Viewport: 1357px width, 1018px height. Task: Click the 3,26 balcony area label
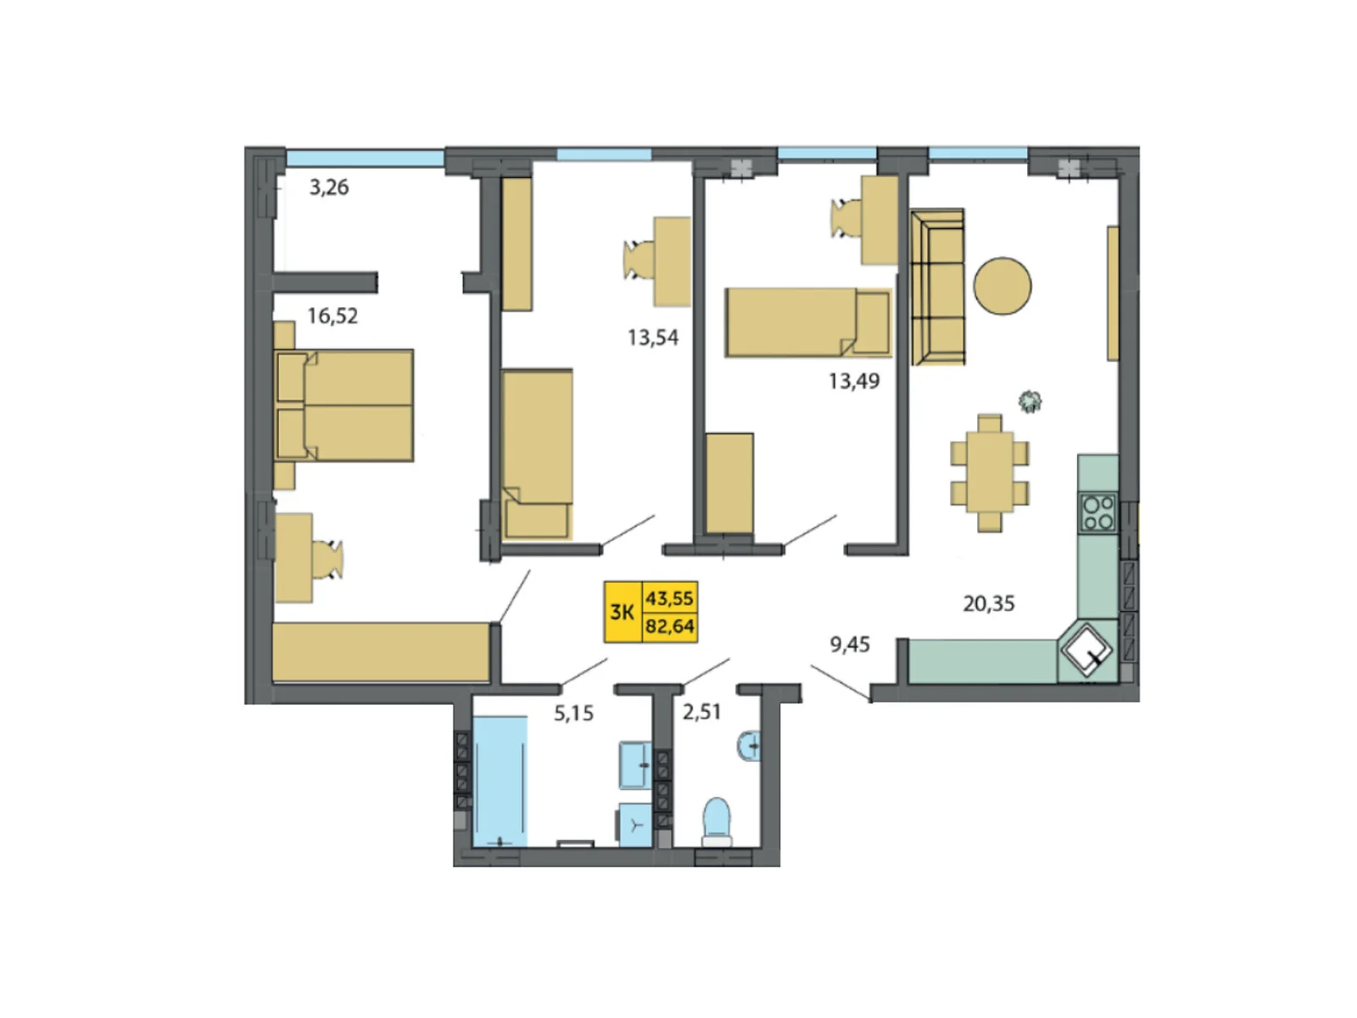[328, 187]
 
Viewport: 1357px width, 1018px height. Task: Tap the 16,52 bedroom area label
[332, 316]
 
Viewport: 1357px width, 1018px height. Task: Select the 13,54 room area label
[653, 338]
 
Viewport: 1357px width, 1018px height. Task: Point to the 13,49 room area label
[854, 382]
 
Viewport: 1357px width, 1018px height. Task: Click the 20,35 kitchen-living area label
[988, 604]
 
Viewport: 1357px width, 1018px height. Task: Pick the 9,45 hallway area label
[850, 645]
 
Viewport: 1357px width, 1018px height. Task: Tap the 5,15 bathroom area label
[573, 713]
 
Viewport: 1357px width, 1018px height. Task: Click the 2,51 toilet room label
[701, 712]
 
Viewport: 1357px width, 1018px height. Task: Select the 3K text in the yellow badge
[623, 612]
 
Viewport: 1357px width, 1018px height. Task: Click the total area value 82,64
[670, 627]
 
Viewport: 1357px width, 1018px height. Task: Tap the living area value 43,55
[670, 598]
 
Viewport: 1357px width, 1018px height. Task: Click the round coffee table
[1002, 286]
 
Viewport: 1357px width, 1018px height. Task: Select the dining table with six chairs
[989, 473]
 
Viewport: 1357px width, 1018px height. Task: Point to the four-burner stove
[1098, 512]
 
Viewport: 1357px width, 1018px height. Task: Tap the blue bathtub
[500, 780]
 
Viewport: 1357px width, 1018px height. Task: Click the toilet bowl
[717, 819]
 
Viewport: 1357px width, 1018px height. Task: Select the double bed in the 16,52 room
[346, 406]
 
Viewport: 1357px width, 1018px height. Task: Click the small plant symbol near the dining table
[1030, 400]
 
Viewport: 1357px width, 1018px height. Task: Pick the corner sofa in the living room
[937, 287]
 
